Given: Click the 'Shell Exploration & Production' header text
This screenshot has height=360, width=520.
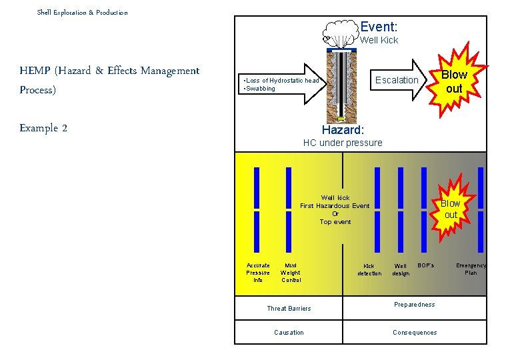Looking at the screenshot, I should pyautogui.click(x=82, y=12).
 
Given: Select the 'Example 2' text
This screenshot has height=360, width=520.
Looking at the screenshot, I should pyautogui.click(x=43, y=128).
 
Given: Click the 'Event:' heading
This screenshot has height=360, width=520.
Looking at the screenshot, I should pyautogui.click(x=379, y=27).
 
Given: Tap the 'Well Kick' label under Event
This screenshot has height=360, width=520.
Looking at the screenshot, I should pyautogui.click(x=379, y=40).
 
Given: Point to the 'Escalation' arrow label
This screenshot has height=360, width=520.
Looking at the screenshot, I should pyautogui.click(x=397, y=80).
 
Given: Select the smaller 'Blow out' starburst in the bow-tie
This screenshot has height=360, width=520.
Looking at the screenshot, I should pyautogui.click(x=451, y=209).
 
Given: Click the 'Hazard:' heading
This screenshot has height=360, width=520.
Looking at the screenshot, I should pyautogui.click(x=343, y=130).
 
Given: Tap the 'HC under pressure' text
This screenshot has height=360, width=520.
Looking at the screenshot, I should pyautogui.click(x=343, y=143).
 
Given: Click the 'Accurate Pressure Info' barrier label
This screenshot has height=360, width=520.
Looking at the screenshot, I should pyautogui.click(x=258, y=273).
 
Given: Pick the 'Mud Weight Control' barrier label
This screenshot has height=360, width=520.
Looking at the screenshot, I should pyautogui.click(x=291, y=273).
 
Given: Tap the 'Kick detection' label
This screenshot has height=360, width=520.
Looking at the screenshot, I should pyautogui.click(x=369, y=269).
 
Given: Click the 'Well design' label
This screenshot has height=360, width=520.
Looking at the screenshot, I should pyautogui.click(x=401, y=269).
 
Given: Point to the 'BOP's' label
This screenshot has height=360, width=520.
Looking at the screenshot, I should pyautogui.click(x=425, y=265).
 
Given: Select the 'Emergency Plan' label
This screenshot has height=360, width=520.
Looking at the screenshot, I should pyautogui.click(x=471, y=269).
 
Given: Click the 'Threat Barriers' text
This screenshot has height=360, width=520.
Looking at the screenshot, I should pyautogui.click(x=289, y=308).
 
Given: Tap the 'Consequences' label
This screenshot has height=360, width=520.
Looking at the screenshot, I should pyautogui.click(x=415, y=332).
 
